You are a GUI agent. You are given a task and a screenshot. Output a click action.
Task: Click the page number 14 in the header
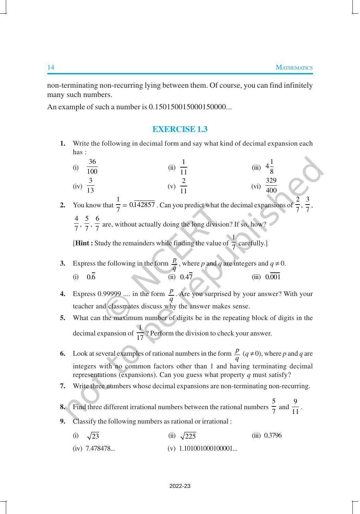tap(51, 67)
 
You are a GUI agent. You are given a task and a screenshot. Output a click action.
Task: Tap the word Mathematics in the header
tap(294, 68)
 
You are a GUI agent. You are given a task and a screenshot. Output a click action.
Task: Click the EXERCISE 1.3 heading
tap(180, 129)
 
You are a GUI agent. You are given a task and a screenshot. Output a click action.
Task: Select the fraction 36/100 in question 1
tap(92, 167)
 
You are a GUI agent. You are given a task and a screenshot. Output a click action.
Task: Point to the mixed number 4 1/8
tap(269, 167)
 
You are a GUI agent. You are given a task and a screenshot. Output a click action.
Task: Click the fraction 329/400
tap(271, 185)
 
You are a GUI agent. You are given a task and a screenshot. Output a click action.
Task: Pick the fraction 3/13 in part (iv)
tap(91, 185)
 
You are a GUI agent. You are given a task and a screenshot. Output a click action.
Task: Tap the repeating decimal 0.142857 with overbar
tap(142, 205)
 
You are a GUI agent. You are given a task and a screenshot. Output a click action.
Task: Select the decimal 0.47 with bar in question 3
tap(186, 277)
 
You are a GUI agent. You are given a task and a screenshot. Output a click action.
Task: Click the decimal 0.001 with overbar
tap(273, 277)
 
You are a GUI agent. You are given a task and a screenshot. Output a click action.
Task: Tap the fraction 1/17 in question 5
tap(140, 333)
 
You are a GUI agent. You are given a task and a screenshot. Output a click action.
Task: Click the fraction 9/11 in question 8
tap(295, 407)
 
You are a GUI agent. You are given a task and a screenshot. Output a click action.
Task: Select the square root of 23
tap(93, 436)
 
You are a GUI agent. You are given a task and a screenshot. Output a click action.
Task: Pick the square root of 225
tap(188, 436)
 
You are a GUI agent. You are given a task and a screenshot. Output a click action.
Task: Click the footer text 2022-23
tap(180, 486)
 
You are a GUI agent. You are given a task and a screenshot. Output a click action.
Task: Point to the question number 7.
tap(62, 386)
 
